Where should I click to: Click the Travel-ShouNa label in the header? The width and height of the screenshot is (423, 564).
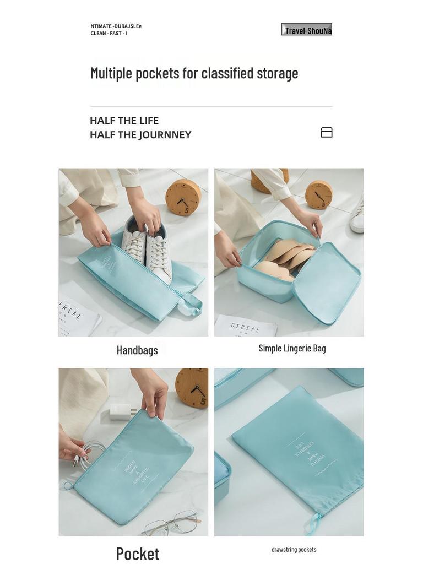307,30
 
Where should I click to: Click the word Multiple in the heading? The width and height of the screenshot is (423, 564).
111,73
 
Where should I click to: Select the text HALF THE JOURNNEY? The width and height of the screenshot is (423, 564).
140,135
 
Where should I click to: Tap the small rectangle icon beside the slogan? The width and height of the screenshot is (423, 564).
327,132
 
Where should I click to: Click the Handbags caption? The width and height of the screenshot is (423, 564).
137,350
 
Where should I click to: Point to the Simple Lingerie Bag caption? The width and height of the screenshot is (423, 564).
292,348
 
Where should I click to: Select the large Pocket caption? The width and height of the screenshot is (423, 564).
137,554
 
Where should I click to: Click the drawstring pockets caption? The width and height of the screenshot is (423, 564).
294,549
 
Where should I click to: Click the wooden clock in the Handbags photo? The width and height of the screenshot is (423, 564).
183,197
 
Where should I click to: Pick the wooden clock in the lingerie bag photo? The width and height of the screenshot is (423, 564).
318,194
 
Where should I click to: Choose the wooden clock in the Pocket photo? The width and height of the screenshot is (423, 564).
193,387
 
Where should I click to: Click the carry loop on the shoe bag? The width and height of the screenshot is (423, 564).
191,304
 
